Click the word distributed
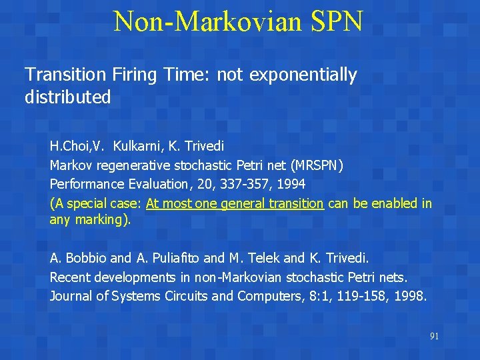point(67,97)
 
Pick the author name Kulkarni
point(137,145)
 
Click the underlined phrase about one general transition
point(235,203)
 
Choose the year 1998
point(409,296)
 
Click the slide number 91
point(434,337)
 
